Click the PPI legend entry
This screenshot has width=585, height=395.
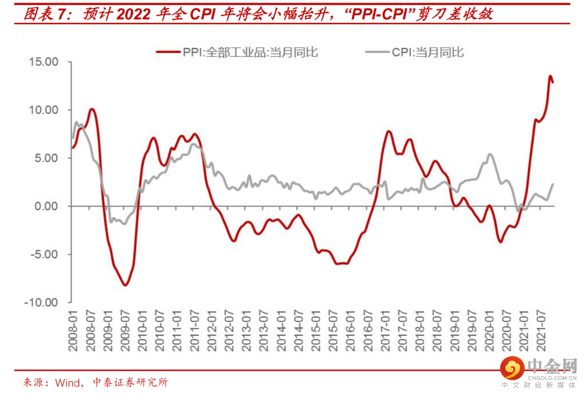click(237, 52)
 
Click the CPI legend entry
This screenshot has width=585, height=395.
click(414, 52)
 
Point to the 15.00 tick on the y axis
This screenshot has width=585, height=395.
click(43, 62)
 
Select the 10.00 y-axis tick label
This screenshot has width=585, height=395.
click(43, 110)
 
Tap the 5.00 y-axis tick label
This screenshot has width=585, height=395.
click(46, 158)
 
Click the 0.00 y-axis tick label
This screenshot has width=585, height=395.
click(46, 206)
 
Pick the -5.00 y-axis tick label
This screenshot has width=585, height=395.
click(44, 254)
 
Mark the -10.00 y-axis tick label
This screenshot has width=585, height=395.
click(42, 302)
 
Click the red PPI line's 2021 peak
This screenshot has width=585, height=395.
click(550, 76)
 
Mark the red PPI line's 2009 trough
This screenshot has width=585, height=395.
click(125, 285)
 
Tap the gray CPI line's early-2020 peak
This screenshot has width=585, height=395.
click(490, 154)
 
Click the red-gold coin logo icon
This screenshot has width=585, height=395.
click(512, 368)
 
